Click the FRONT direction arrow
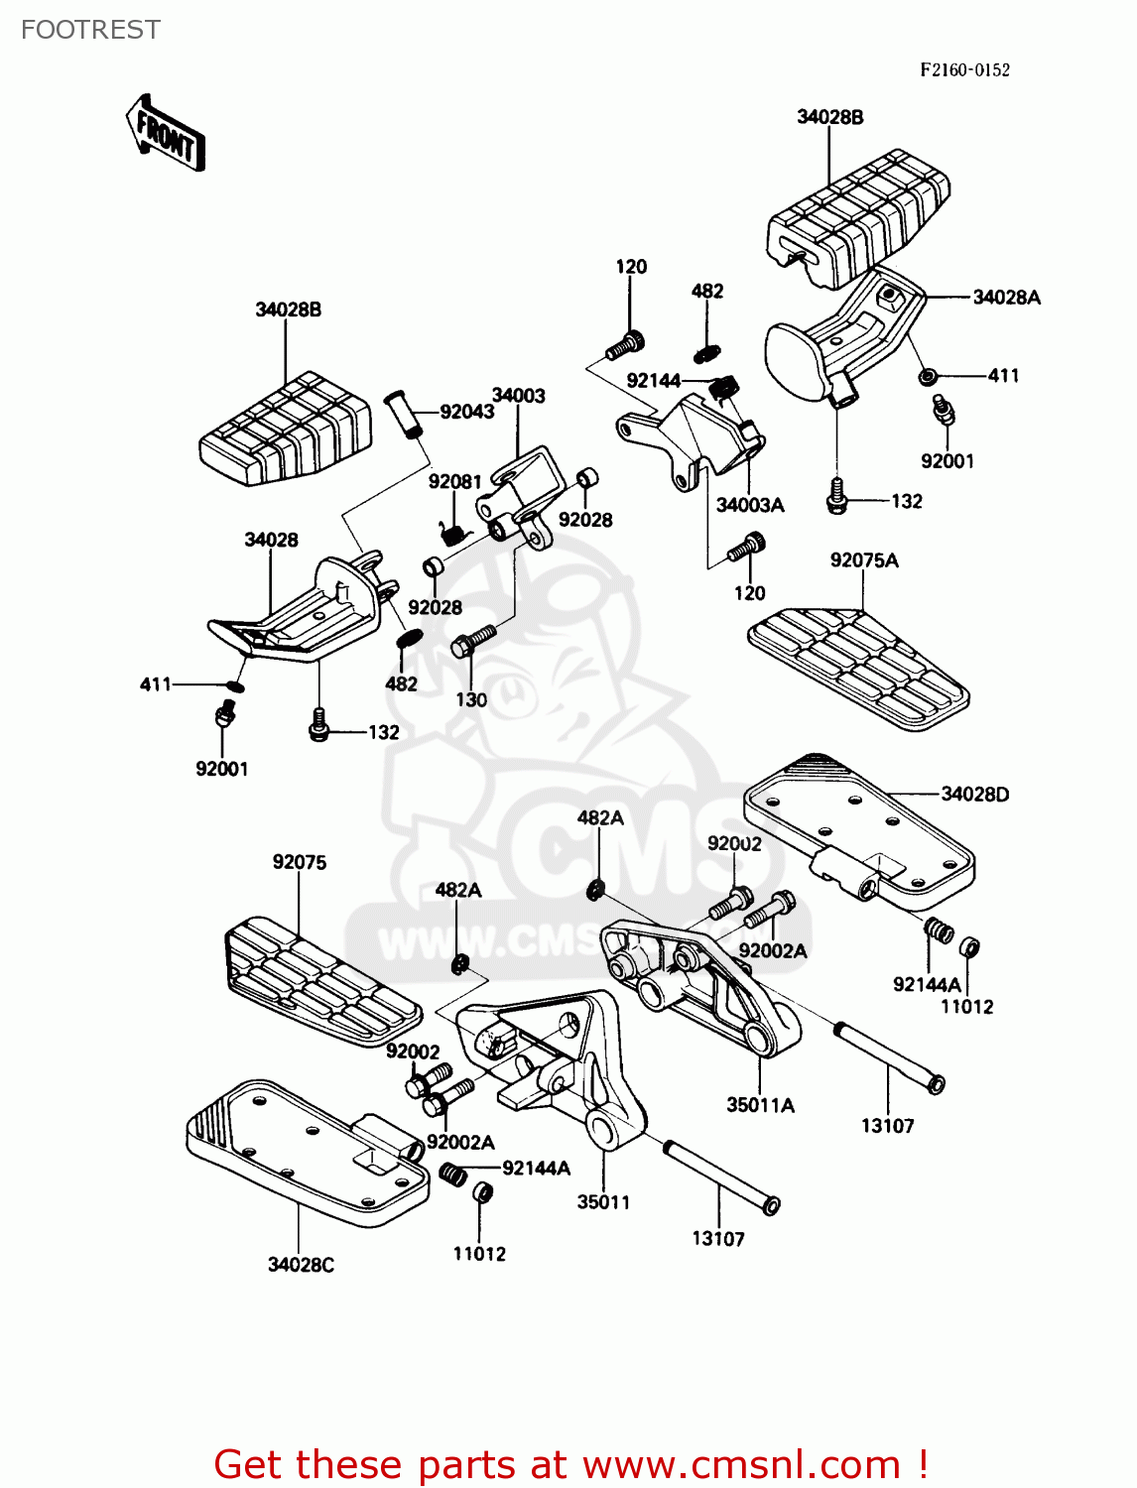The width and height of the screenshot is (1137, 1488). coord(166,134)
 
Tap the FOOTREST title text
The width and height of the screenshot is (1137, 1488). coord(90,30)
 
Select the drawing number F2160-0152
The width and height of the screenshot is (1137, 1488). coord(964,69)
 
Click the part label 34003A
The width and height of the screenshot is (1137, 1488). coord(750,505)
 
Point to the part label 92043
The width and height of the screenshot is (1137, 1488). coord(466,412)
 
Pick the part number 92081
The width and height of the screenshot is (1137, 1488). coord(454,481)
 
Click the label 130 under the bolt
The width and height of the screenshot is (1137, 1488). coord(471,699)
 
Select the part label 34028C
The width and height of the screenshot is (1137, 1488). coord(301,1264)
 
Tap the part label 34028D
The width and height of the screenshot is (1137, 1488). coord(974,794)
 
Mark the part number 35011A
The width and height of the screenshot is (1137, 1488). coord(760,1105)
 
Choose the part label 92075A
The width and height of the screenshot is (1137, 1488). coord(864,560)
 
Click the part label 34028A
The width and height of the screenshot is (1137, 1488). coord(1006,297)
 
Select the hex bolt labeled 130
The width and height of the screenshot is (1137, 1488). coord(473,640)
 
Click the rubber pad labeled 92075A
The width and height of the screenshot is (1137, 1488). coord(858,670)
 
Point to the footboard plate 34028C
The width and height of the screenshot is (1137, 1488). coord(298,1151)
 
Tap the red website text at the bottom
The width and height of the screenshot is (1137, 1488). coord(570,1464)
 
